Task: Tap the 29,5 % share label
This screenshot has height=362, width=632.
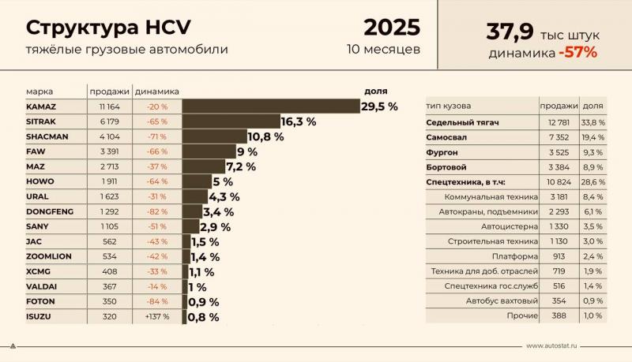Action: click(379, 106)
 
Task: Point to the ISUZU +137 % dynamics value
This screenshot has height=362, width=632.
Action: click(156, 316)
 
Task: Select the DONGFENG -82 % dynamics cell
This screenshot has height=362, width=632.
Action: click(156, 211)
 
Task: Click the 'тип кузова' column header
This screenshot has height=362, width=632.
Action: click(449, 106)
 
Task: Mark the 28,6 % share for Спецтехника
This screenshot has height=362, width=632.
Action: click(593, 181)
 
